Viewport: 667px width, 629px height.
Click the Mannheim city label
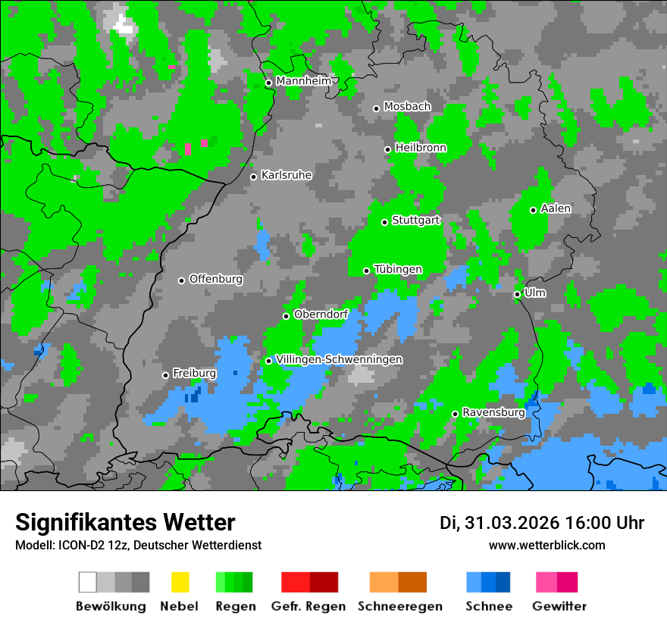pyautogui.click(x=303, y=81)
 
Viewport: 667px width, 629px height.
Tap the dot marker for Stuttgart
pyautogui.click(x=385, y=222)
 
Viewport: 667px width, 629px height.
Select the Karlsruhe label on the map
pyautogui.click(x=287, y=175)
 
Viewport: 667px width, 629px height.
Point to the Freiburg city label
pyautogui.click(x=194, y=374)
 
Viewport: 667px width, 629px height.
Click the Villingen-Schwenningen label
pyautogui.click(x=339, y=359)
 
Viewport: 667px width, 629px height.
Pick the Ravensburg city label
pyautogui.click(x=493, y=412)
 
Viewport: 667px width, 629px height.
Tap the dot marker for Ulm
pyautogui.click(x=518, y=294)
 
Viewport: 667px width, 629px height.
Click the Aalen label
pyautogui.click(x=556, y=208)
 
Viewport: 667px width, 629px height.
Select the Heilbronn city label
pyautogui.click(x=421, y=148)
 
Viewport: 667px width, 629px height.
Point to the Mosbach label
pyautogui.click(x=407, y=107)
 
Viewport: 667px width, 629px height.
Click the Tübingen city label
pyautogui.click(x=398, y=269)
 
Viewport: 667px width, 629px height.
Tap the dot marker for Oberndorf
pyautogui.click(x=286, y=316)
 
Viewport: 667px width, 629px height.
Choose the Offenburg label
pyautogui.click(x=216, y=279)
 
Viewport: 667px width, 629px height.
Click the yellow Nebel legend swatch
pyautogui.click(x=180, y=582)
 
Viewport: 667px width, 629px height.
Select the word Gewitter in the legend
pyautogui.click(x=559, y=606)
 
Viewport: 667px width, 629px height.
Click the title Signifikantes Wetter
pyautogui.click(x=125, y=522)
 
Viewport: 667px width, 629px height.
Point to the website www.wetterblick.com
pyautogui.click(x=547, y=545)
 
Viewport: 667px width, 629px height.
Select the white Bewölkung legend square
pyautogui.click(x=88, y=582)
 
